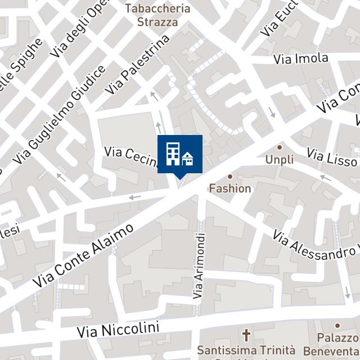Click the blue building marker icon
(179, 154)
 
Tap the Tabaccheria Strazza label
(157, 15)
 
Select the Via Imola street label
(301, 58)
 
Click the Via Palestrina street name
(138, 65)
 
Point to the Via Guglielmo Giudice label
(60, 115)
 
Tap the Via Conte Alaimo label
(84, 254)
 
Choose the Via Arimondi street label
(199, 265)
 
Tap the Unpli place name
(280, 160)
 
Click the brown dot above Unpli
(280, 147)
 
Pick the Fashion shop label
(230, 188)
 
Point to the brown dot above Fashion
(230, 176)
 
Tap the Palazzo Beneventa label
(338, 344)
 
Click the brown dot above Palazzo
(337, 325)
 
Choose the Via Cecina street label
(130, 157)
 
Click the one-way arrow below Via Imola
(272, 112)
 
